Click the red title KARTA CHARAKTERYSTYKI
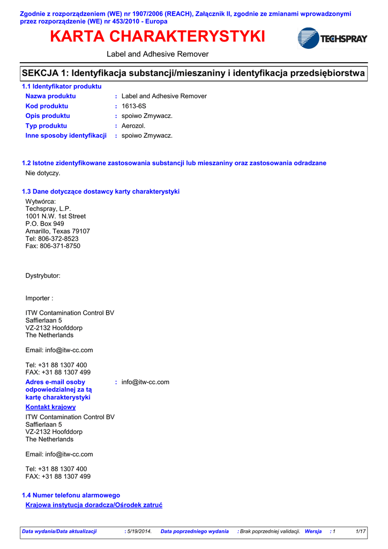(x=158, y=37)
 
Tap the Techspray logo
(x=332, y=39)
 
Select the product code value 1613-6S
(x=134, y=106)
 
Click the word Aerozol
(x=133, y=125)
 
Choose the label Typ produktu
(x=46, y=125)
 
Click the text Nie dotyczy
(x=43, y=173)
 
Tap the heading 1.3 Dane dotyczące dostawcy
(x=100, y=191)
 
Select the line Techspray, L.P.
(x=48, y=209)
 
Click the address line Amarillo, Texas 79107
(x=58, y=231)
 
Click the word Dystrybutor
(x=43, y=276)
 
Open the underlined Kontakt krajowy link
(x=51, y=407)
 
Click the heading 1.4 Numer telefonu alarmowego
(x=71, y=495)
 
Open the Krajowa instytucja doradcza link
(x=94, y=505)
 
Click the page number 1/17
(x=361, y=531)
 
